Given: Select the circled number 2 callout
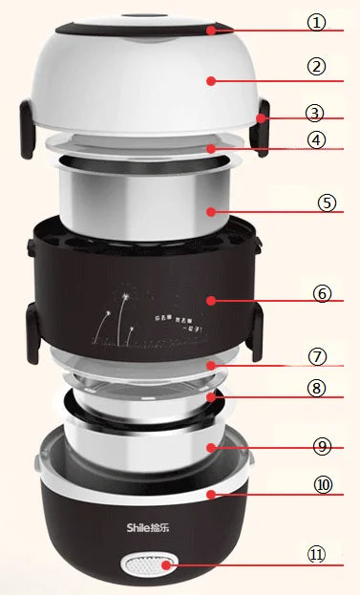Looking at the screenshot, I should click(316, 67).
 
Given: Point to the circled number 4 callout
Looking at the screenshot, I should click(315, 139).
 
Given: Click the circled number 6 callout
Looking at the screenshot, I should click(322, 294).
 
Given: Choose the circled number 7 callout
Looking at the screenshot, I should click(318, 355).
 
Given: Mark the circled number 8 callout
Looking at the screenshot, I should click(318, 389).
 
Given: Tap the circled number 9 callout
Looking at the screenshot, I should click(324, 444).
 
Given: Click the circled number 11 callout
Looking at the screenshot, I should click(318, 554).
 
